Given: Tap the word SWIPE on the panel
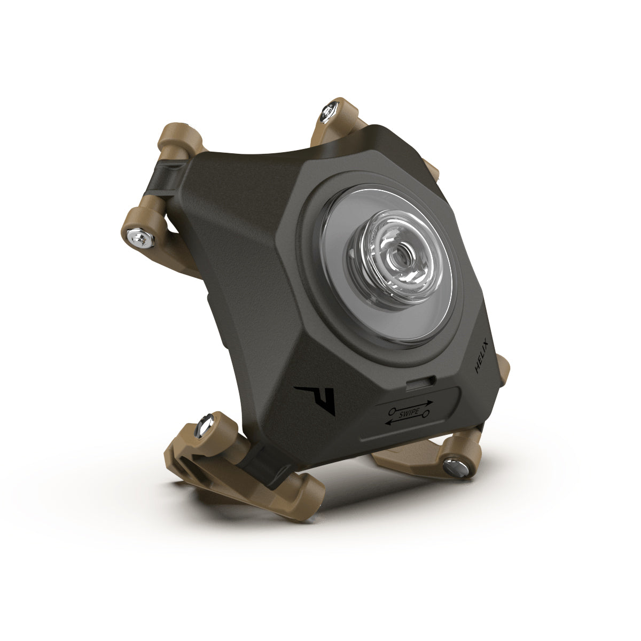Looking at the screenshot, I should [417, 413].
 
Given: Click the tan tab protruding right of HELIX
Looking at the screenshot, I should [504, 369].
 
